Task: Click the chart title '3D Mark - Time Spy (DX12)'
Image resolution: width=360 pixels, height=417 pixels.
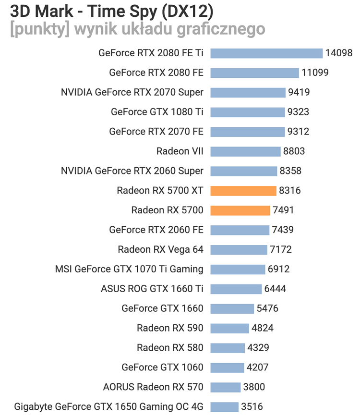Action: (x=111, y=10)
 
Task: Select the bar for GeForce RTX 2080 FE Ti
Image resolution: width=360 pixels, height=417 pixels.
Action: (x=266, y=53)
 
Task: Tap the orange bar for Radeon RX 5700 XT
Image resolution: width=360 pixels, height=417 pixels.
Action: (x=243, y=191)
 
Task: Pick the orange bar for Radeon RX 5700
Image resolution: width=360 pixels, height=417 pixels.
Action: (x=240, y=210)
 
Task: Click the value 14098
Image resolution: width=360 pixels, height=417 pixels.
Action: (x=339, y=53)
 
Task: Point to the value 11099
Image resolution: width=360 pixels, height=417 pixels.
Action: (x=315, y=73)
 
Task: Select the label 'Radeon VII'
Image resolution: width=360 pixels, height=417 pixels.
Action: (x=180, y=151)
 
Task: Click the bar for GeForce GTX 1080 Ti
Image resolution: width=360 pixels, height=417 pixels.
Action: (x=248, y=112)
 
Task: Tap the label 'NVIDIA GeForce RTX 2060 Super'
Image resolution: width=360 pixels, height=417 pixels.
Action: (x=132, y=171)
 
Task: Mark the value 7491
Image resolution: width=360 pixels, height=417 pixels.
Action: (x=283, y=210)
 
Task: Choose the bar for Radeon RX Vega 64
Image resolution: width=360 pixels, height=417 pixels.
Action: (x=239, y=250)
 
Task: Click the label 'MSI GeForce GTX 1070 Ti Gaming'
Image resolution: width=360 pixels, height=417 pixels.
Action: (x=129, y=269)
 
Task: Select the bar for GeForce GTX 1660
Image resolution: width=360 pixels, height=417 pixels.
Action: (x=232, y=308)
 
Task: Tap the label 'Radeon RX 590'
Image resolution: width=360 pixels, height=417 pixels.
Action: (x=170, y=328)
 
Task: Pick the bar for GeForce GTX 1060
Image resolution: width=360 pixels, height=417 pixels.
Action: (x=227, y=368)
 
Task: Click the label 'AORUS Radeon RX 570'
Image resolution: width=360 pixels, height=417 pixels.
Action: (x=153, y=387)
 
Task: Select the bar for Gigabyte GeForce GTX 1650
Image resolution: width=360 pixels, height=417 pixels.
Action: (x=224, y=406)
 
